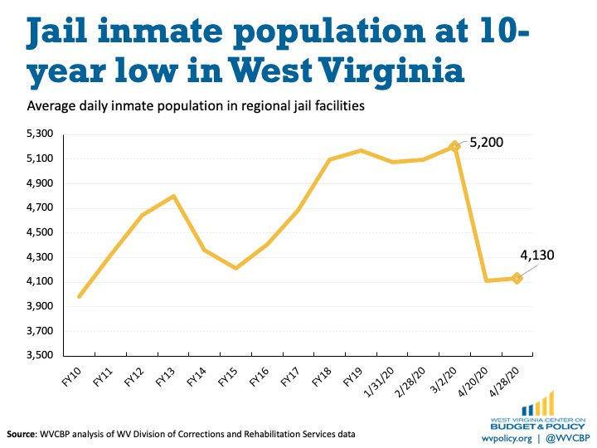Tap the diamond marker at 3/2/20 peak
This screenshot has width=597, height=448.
(x=454, y=146)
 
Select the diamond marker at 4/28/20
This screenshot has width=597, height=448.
(x=517, y=279)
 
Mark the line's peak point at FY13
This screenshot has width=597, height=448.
(x=173, y=196)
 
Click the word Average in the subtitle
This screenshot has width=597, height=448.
(x=51, y=107)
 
